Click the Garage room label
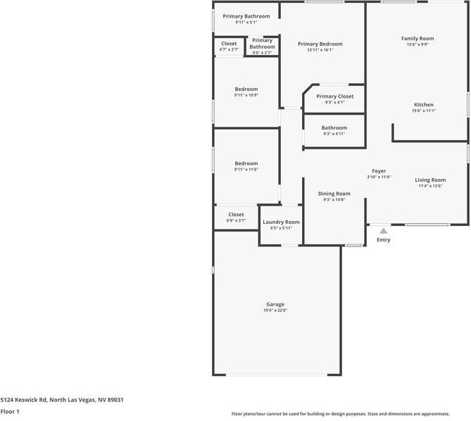click(275, 304)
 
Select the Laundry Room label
click(281, 222)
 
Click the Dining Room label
click(334, 194)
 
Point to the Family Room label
click(417, 38)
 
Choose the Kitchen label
click(423, 104)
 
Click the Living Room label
click(430, 180)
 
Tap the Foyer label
click(379, 171)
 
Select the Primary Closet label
click(334, 96)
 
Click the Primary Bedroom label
click(320, 44)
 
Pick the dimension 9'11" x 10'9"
click(246, 95)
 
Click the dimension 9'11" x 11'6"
click(246, 170)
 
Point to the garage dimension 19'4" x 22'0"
click(275, 310)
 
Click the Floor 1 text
click(10, 411)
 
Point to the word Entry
click(383, 240)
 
